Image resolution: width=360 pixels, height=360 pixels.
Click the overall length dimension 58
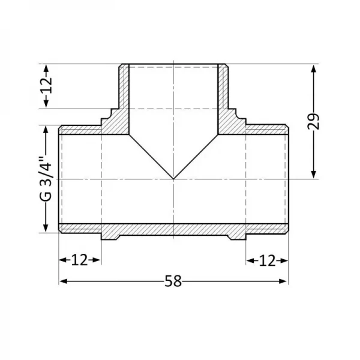click(173, 280)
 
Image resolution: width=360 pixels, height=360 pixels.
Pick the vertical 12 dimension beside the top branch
click(47, 86)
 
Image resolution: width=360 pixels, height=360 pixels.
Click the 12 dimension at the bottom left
click(79, 260)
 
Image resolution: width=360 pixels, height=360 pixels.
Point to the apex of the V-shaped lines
click(173, 179)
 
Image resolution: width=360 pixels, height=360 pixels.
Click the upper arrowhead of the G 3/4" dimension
click(46, 130)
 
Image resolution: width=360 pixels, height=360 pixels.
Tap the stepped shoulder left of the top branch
click(110, 117)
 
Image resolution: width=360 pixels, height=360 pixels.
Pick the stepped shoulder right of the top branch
click(237, 117)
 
